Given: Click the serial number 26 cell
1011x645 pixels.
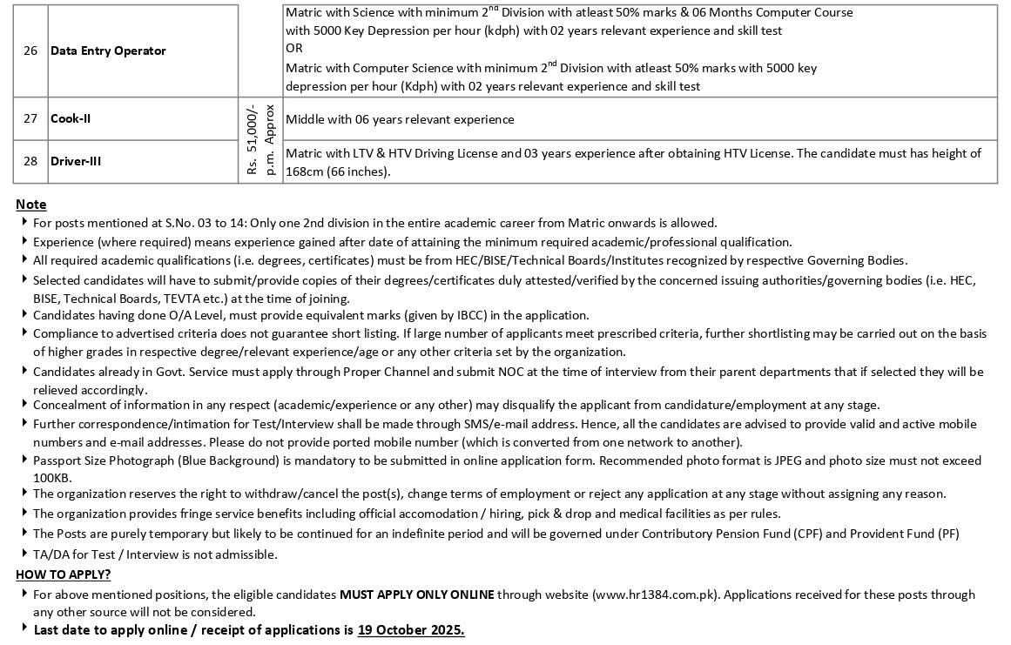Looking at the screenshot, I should click(30, 50).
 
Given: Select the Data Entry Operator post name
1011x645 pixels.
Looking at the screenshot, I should click(108, 50).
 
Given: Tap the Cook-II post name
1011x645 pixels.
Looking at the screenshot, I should click(71, 119).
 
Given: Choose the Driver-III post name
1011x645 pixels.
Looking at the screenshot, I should click(76, 161).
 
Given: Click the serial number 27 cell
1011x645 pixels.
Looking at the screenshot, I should click(30, 119).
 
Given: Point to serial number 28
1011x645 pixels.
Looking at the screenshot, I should click(30, 161).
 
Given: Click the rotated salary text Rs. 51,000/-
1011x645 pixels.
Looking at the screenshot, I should click(252, 140).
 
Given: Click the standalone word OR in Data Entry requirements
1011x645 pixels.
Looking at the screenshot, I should click(293, 49).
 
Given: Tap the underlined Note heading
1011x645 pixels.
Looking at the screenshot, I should click(31, 205).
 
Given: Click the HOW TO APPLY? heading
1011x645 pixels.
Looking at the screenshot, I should click(64, 574).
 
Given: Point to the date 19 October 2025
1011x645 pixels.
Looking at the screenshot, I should click(410, 630).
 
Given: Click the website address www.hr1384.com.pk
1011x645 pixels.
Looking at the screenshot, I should click(656, 595).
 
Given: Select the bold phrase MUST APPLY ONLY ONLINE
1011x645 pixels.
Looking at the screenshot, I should click(416, 595).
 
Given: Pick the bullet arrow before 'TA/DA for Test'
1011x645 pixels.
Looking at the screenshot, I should click(24, 554).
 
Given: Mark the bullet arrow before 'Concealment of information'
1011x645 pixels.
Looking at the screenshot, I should click(24, 404).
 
